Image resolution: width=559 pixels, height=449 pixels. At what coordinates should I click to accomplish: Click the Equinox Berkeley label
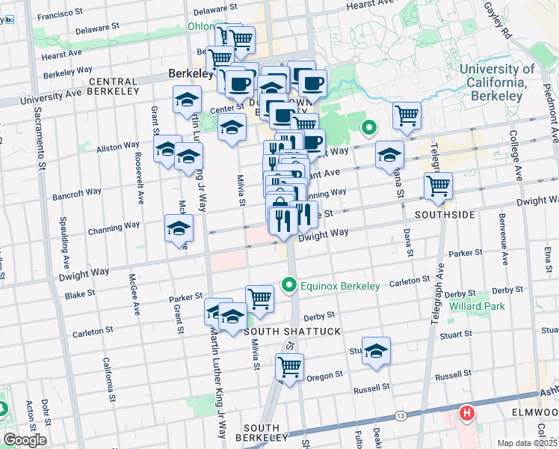pyautogui.click(x=339, y=285)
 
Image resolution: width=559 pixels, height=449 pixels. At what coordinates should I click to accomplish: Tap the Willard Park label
pyautogui.click(x=477, y=306)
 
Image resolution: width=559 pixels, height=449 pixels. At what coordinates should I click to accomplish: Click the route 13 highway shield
pyautogui.click(x=401, y=415)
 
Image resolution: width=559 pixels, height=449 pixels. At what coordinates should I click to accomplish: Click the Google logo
pyautogui.click(x=24, y=439)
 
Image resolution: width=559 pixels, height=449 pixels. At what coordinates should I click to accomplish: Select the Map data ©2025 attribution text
pyautogui.click(x=527, y=443)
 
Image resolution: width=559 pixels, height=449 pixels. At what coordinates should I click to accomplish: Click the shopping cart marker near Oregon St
pyautogui.click(x=288, y=367)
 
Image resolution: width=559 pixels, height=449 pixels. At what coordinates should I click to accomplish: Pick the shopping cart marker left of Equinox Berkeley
pyautogui.click(x=259, y=298)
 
